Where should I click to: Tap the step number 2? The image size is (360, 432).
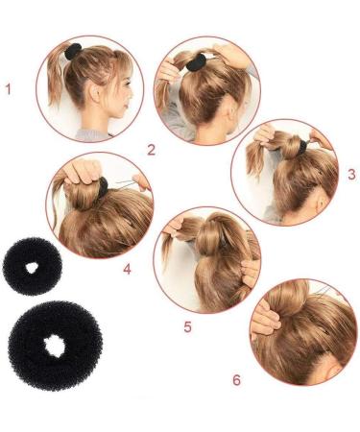[151, 149]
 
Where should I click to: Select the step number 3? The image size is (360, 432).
[351, 174]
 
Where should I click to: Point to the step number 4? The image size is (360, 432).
[154, 270]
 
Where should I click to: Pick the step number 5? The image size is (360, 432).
[188, 326]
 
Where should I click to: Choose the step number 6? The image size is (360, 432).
[237, 380]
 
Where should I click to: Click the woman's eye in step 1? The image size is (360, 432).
[120, 89]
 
